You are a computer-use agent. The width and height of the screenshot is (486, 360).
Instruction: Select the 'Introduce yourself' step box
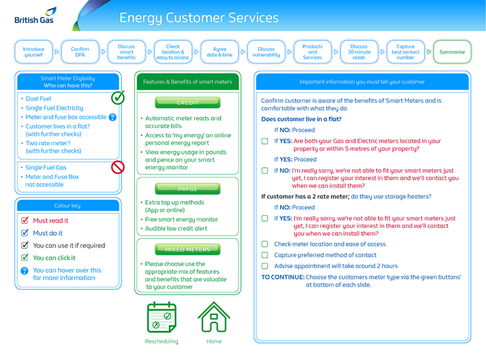(x=34, y=52)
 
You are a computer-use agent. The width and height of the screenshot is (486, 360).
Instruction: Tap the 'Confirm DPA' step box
(x=80, y=52)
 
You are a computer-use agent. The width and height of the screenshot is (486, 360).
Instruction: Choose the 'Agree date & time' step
(x=219, y=52)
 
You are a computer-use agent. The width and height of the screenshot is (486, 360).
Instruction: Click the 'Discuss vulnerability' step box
(x=266, y=52)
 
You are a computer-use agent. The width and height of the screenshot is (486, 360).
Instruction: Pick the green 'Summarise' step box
(x=452, y=52)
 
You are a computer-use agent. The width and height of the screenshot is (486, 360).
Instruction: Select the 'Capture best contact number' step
(x=405, y=52)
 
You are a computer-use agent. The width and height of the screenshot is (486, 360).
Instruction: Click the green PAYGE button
(x=188, y=189)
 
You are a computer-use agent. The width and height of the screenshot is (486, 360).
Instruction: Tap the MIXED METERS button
(x=188, y=250)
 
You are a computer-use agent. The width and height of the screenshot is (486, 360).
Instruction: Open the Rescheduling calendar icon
(x=162, y=318)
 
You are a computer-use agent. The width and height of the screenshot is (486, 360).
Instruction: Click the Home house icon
(x=213, y=318)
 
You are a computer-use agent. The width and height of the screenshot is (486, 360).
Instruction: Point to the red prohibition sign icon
(x=118, y=167)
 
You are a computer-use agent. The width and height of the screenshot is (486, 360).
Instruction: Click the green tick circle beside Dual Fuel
(x=118, y=98)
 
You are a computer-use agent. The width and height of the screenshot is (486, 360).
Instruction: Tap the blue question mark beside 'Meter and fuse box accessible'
(x=112, y=117)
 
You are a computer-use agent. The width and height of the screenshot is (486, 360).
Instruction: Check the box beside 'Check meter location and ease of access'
(x=265, y=244)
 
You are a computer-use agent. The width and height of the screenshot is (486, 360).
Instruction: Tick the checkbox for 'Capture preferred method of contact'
(x=265, y=255)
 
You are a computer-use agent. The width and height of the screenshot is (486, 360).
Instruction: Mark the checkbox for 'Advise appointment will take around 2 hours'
(x=265, y=266)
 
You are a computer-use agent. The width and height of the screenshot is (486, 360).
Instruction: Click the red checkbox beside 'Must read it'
(x=25, y=221)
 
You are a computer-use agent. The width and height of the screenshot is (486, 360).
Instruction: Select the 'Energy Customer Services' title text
(x=199, y=18)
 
